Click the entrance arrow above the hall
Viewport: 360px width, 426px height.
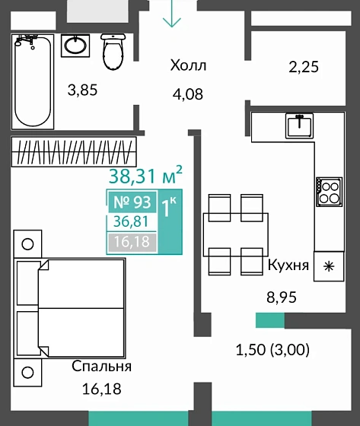[x=172, y=14]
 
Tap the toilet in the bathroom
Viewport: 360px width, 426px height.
[x=113, y=52]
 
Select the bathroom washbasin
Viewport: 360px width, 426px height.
[x=75, y=46]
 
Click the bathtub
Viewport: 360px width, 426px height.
[x=33, y=81]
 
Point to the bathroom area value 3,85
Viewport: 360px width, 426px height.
[x=82, y=91]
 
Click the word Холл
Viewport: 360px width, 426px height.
[x=188, y=65]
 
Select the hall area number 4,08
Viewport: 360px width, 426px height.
[x=188, y=94]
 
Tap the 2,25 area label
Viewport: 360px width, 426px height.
[x=304, y=67]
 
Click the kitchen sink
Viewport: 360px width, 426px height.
[x=299, y=126]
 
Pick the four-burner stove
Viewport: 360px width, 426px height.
[x=330, y=192]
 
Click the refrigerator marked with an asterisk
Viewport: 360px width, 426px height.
[x=329, y=266]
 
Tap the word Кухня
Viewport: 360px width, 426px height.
[x=288, y=265]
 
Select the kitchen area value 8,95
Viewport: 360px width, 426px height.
[x=282, y=297]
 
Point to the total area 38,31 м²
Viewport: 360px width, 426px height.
[x=145, y=175]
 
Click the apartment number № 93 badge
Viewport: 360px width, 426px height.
[x=132, y=202]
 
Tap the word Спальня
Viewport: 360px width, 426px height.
[x=102, y=366]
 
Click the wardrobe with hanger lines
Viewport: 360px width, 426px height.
[x=74, y=151]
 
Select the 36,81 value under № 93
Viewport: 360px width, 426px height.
[x=131, y=221]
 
